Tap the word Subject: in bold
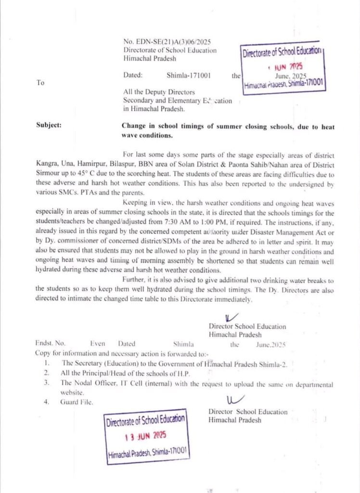click(x=49, y=126)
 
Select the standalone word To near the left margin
click(x=40, y=83)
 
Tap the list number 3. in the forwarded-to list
click(x=47, y=383)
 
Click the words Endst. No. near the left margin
click(x=50, y=344)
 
